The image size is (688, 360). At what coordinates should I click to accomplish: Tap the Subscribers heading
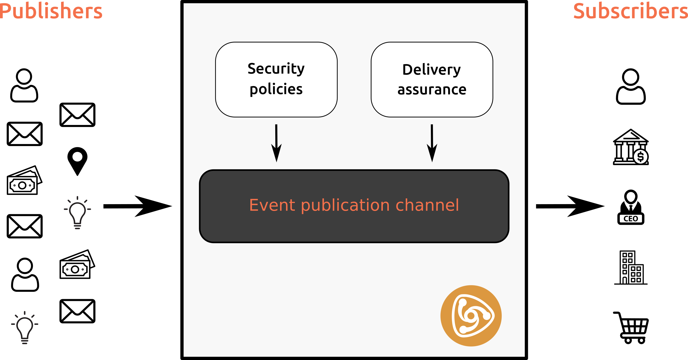click(630, 11)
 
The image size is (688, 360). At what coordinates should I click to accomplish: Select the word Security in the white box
click(276, 69)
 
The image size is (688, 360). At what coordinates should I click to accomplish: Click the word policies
click(276, 89)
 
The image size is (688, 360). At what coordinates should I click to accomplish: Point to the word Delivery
click(431, 70)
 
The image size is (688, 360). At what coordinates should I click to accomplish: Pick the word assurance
click(432, 90)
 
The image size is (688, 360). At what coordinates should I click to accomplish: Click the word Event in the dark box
click(272, 205)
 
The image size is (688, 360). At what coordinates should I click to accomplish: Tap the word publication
click(345, 206)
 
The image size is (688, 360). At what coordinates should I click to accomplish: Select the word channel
click(427, 205)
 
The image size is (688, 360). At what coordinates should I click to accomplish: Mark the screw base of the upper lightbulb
click(77, 227)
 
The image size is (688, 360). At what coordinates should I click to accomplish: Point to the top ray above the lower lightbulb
click(25, 313)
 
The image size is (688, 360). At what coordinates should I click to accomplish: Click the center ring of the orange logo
click(471, 316)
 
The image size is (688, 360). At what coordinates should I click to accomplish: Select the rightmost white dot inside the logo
click(486, 316)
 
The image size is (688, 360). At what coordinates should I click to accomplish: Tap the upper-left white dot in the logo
click(463, 302)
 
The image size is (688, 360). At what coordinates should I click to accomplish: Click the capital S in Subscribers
click(579, 11)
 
